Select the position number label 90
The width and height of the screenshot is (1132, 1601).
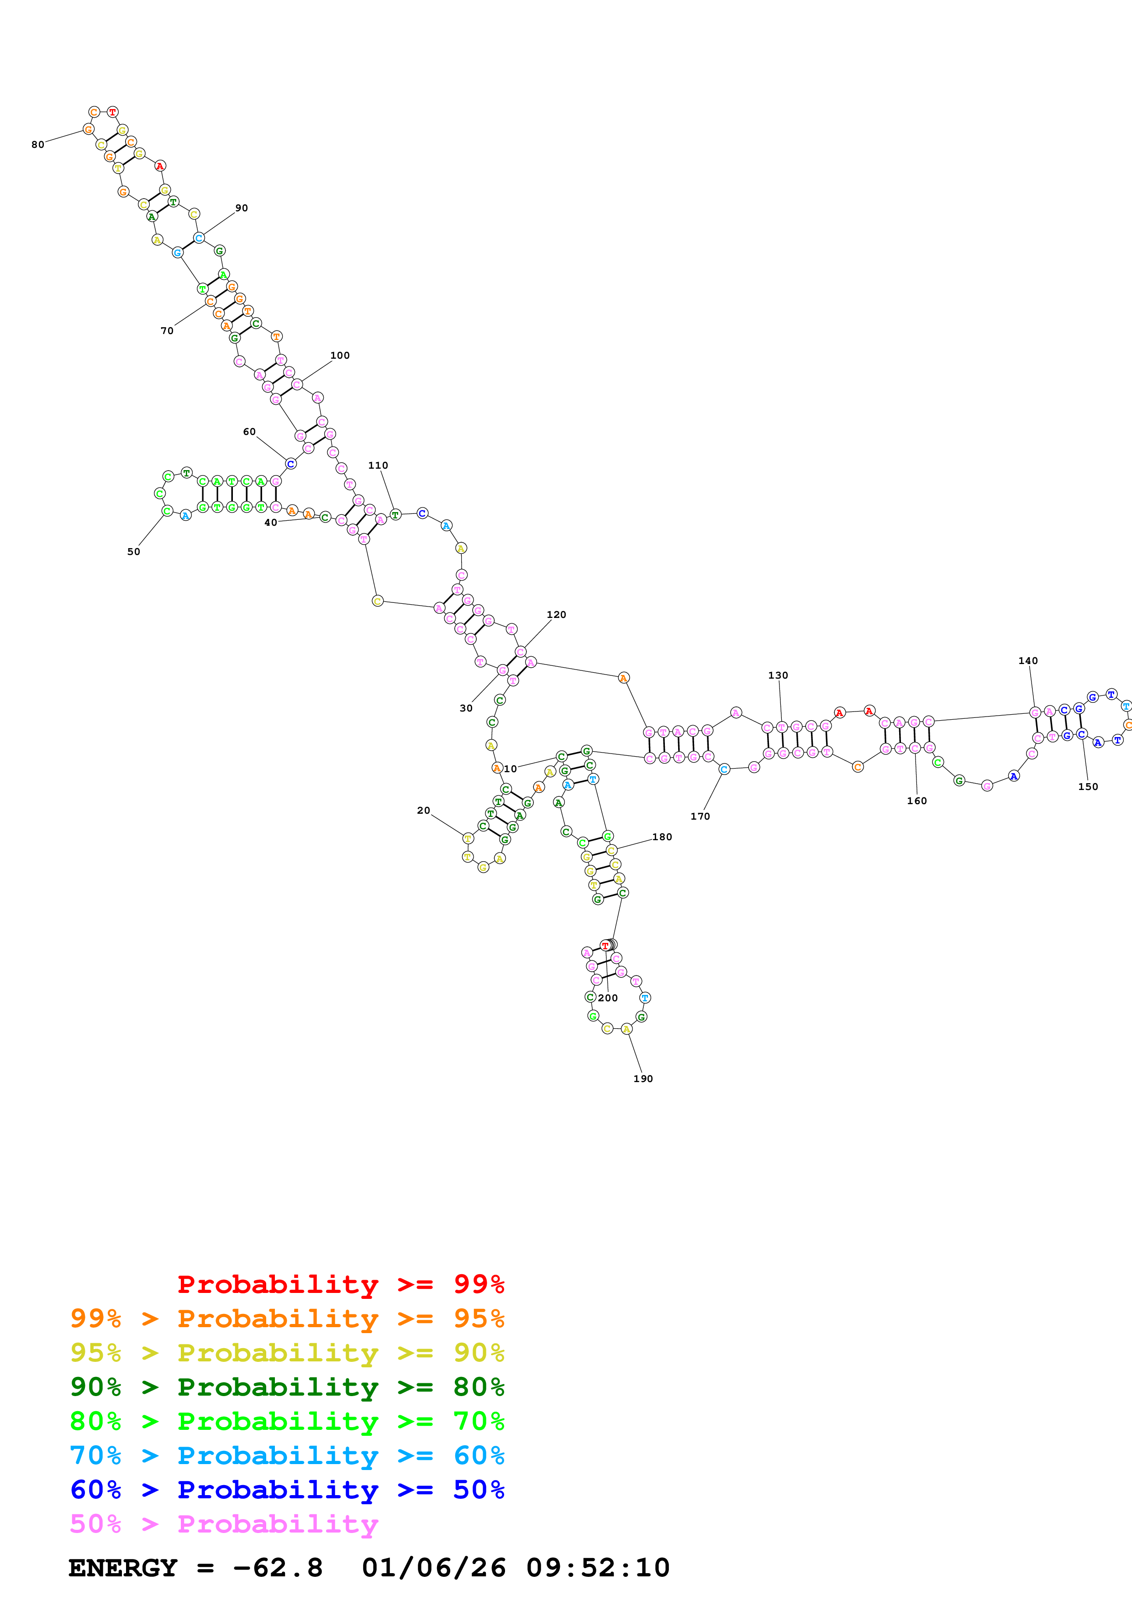tap(241, 208)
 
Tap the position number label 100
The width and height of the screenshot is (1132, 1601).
tap(340, 356)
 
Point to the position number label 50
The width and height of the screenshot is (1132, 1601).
tap(133, 552)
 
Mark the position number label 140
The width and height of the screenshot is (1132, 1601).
tap(1027, 661)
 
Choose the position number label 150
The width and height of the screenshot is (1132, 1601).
tap(1087, 786)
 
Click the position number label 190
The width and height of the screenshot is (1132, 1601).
tap(642, 1079)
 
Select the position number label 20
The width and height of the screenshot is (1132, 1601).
tap(423, 810)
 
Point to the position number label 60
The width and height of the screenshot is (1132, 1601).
tap(249, 432)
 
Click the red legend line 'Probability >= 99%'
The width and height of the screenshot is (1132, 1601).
tap(340, 1284)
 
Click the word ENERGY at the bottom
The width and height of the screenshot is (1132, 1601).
tap(123, 1568)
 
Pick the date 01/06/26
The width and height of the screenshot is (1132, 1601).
tap(433, 1568)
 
